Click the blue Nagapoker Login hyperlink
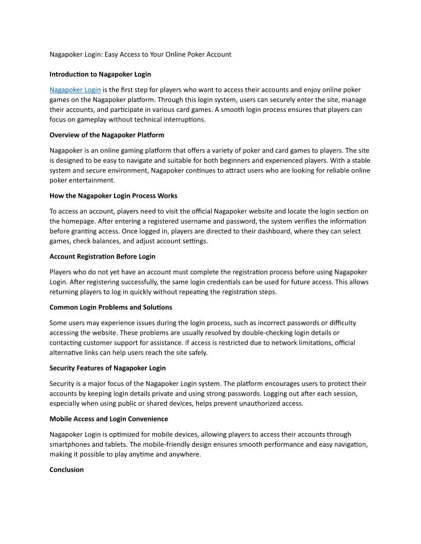pos(75,90)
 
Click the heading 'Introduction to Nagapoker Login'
pos(100,74)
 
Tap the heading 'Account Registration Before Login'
pos(102,257)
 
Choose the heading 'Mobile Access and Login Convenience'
pos(108,419)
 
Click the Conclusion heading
pos(67,470)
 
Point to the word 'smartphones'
pos(70,444)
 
